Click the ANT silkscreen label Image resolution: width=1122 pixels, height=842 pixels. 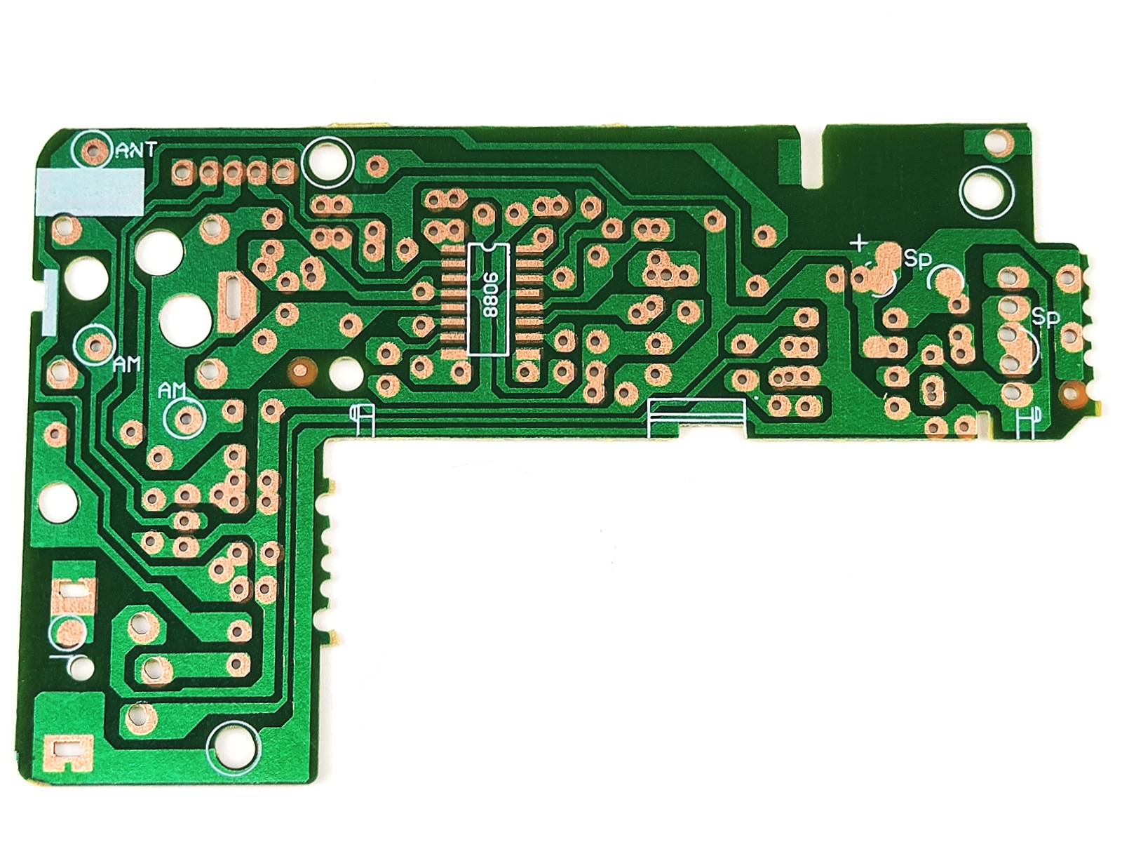pyautogui.click(x=137, y=149)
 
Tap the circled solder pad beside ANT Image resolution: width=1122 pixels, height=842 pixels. pyautogui.click(x=92, y=150)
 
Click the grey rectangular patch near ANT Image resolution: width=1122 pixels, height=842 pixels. pyautogui.click(x=90, y=191)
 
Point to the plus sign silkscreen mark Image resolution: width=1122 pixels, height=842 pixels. pyautogui.click(x=861, y=243)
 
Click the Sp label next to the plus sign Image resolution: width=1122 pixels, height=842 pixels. pyautogui.click(x=917, y=259)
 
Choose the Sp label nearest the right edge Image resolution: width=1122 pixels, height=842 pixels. pyautogui.click(x=1046, y=318)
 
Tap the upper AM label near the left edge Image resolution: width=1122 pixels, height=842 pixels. pyautogui.click(x=127, y=364)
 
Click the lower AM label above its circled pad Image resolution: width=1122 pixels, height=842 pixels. pyautogui.click(x=172, y=390)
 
